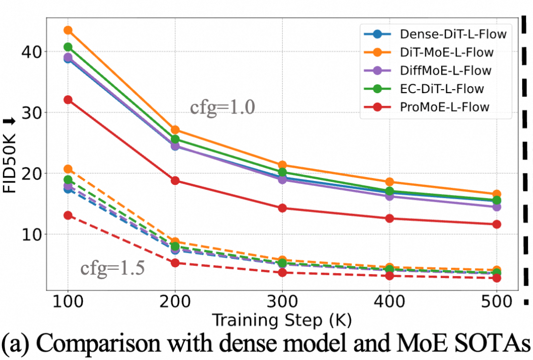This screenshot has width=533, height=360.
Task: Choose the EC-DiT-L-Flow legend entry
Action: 442,88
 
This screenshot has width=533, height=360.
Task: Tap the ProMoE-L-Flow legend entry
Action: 445,107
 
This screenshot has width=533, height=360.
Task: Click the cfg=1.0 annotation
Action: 223,107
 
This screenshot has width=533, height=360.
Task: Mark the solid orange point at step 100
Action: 68,31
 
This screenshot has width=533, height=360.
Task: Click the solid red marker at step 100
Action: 68,100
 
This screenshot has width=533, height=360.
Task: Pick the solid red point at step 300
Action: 282,208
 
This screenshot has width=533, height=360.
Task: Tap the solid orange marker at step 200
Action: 175,130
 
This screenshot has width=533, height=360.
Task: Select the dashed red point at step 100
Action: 68,215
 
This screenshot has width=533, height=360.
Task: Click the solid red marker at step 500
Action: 496,224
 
